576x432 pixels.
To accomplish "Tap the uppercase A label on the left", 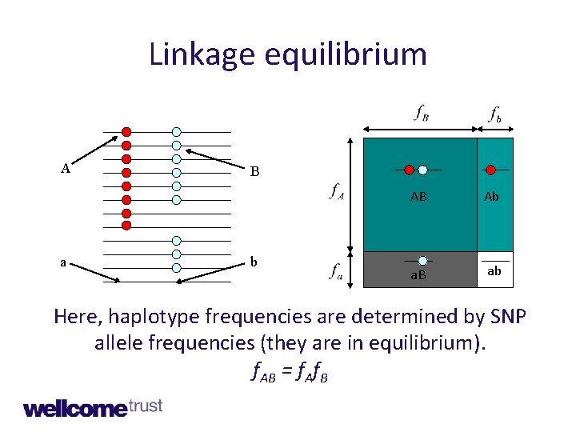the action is (66, 168).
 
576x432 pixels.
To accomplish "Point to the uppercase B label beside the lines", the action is (254, 171).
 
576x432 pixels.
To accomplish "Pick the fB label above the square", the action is (421, 114).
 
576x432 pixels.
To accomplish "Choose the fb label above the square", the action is (496, 114).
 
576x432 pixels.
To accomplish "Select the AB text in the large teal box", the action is (418, 196).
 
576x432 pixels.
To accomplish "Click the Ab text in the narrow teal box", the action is (491, 196).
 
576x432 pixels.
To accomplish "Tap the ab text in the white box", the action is (494, 271).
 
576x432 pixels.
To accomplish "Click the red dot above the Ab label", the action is (491, 170).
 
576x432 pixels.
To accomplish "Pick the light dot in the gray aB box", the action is (422, 261).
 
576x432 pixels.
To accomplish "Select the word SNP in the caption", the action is (506, 316).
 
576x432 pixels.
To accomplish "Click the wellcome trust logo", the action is (93, 408).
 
